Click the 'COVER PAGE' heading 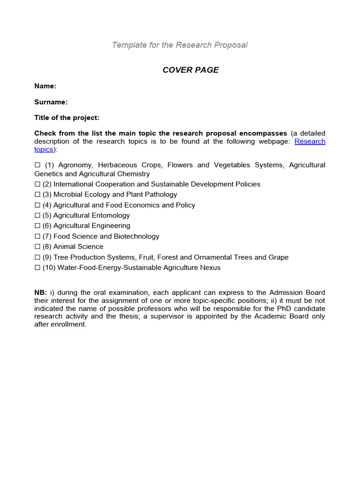point(190,70)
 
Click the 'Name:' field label point(45,86)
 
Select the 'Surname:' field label point(51,102)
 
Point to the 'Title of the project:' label point(67,118)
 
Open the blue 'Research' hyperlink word point(310,142)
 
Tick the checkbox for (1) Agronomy point(37,165)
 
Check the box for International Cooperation point(37,184)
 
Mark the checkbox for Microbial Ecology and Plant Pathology point(37,195)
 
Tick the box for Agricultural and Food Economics point(37,205)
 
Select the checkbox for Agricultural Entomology point(37,216)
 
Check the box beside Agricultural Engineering point(37,226)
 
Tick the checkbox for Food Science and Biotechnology point(37,237)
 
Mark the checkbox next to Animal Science point(37,247)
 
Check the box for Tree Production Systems point(37,257)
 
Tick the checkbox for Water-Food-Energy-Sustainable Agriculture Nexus point(37,268)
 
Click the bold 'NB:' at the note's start point(41,293)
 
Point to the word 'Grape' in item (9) point(278,257)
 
